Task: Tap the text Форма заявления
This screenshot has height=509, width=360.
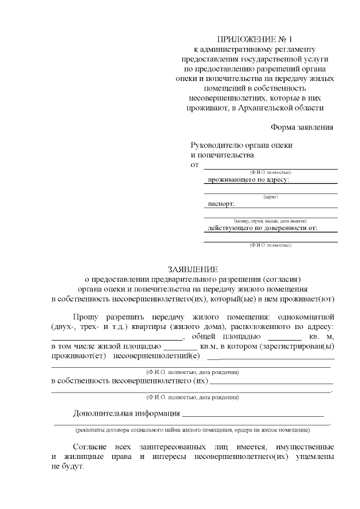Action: pyautogui.click(x=302, y=127)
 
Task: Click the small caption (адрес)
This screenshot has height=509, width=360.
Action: pyautogui.click(x=271, y=196)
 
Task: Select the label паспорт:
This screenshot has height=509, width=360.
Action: pyautogui.click(x=221, y=204)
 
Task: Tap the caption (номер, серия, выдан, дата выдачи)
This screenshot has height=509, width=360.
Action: pyautogui.click(x=271, y=220)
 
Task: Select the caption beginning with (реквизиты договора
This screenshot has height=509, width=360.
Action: pyautogui.click(x=193, y=430)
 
